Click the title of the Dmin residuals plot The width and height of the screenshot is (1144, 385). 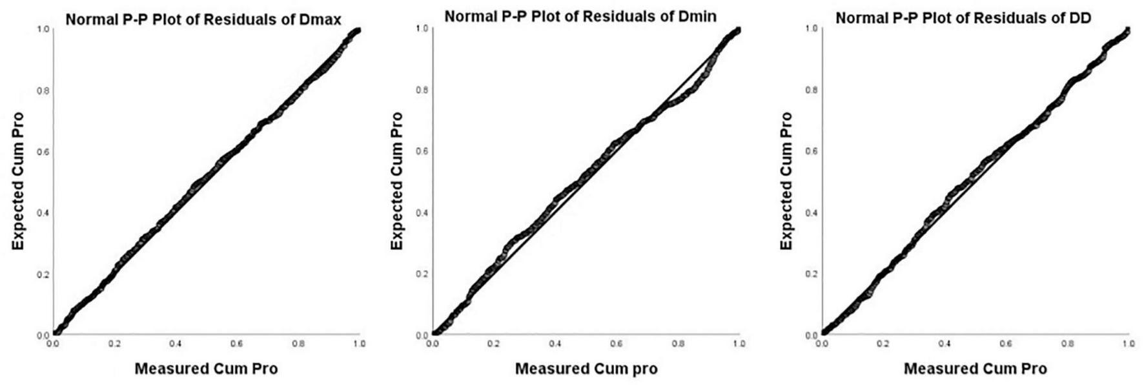click(580, 16)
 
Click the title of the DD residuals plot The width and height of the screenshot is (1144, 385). click(963, 18)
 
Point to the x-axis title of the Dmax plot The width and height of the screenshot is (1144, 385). click(206, 369)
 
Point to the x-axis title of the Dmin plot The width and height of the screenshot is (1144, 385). click(586, 369)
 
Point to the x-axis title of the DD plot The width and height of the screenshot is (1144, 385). click(975, 369)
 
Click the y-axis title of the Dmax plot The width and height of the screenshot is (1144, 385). click(18, 182)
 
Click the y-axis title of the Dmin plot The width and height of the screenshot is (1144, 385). click(396, 182)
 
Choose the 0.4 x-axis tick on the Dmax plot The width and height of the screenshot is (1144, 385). click(176, 344)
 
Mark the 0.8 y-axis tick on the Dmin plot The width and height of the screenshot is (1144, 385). click(424, 90)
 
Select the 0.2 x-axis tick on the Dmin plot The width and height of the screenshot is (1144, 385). click(494, 344)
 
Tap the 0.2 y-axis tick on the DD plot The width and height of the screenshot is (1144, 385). click(811, 274)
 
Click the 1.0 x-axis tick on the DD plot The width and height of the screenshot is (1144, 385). click(1128, 344)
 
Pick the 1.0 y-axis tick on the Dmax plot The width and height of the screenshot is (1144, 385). click(43, 30)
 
